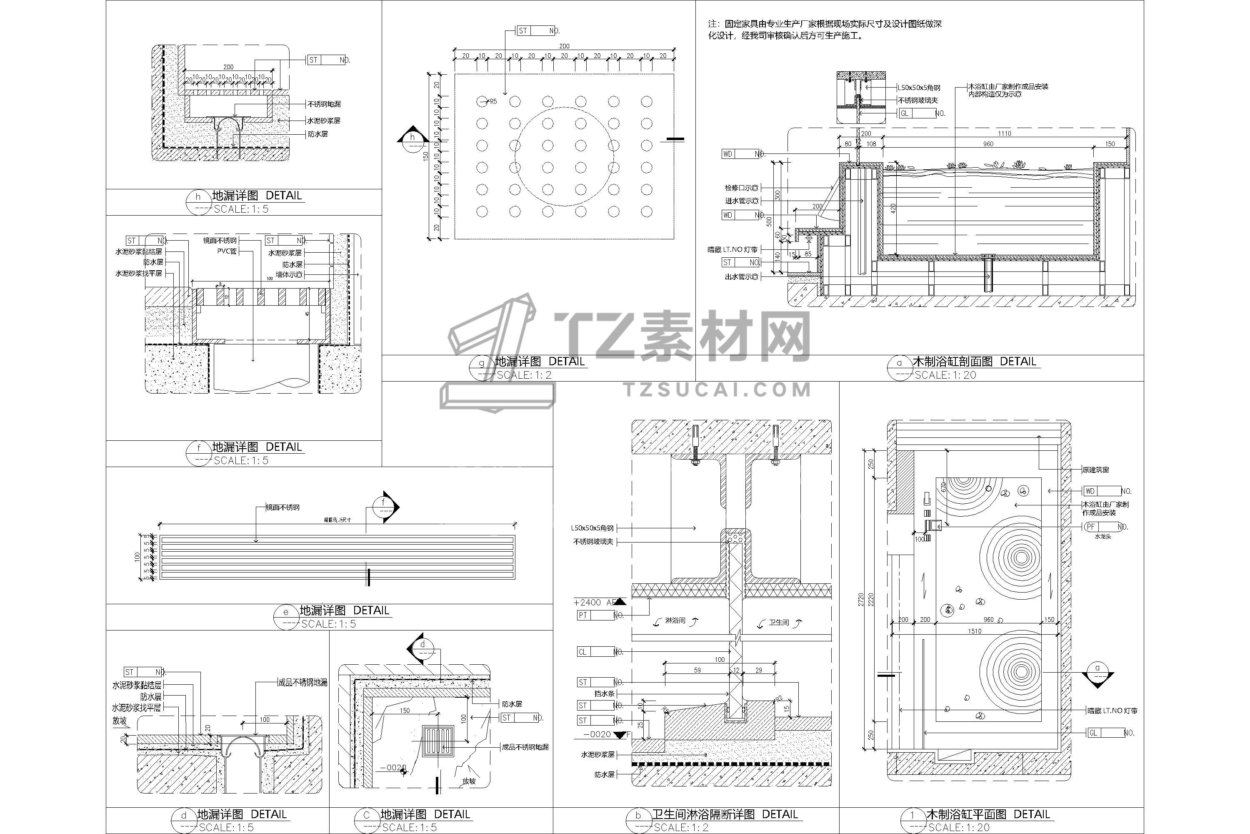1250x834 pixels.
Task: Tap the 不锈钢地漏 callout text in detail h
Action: point(324,104)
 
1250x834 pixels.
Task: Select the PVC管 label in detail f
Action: point(227,251)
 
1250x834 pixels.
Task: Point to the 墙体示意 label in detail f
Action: point(289,274)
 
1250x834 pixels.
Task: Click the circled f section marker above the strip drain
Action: point(384,503)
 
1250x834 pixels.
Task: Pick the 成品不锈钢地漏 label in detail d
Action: point(303,682)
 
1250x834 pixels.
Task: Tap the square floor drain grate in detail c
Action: point(438,741)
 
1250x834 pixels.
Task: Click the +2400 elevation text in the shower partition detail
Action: point(588,603)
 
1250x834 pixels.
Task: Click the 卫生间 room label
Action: point(779,622)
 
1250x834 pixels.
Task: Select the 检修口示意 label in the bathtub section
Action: point(741,188)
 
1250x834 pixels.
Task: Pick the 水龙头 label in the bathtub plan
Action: point(1103,537)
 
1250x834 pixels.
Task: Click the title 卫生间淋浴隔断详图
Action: point(703,814)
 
